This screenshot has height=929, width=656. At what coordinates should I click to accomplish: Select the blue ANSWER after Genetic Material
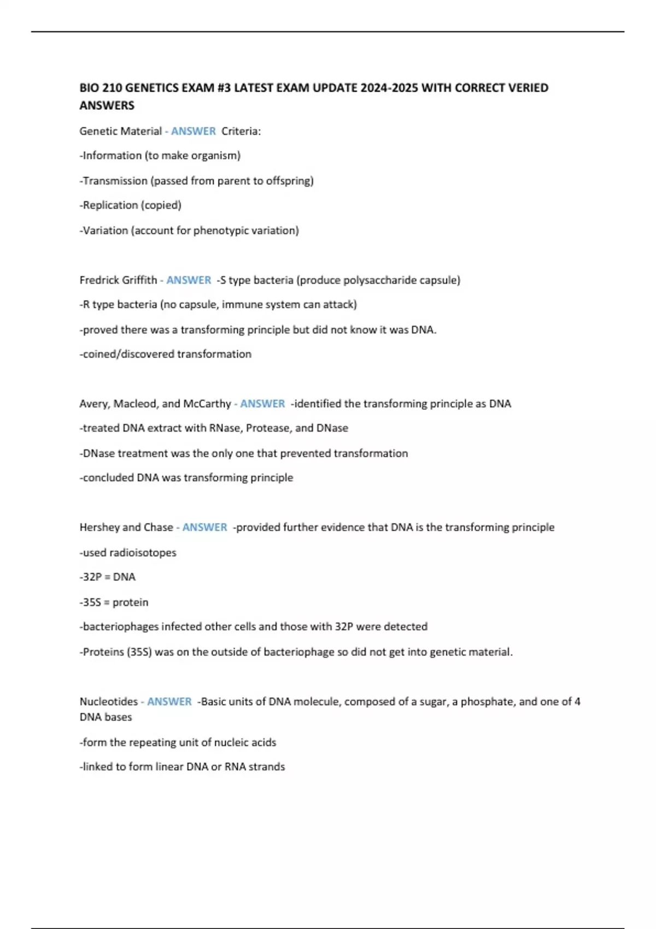click(x=194, y=131)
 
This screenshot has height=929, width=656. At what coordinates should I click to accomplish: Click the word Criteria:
click(x=241, y=131)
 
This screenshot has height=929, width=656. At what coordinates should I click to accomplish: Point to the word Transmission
click(x=115, y=181)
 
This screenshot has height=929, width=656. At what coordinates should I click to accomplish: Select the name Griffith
click(x=139, y=280)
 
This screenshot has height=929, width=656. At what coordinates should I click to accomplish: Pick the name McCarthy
click(x=207, y=404)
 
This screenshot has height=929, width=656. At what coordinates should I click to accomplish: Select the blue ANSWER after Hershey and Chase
click(x=204, y=527)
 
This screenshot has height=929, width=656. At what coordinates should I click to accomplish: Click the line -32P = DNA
click(x=108, y=577)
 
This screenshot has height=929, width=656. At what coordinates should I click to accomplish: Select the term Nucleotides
click(x=108, y=702)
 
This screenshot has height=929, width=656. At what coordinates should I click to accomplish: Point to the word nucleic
click(x=231, y=743)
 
